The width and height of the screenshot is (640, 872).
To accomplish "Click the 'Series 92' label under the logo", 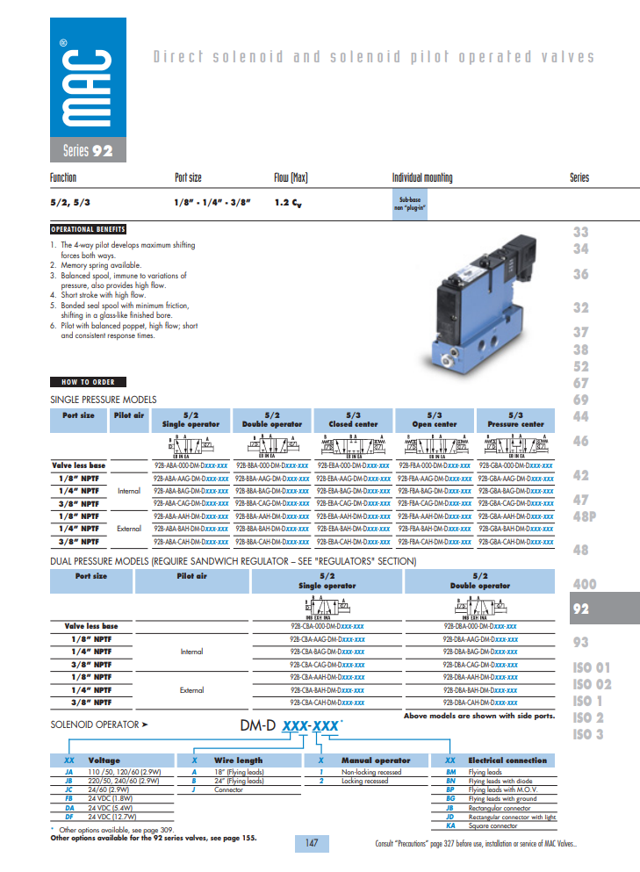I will click(88, 150).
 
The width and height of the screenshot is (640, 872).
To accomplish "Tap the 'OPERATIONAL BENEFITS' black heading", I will click(88, 229).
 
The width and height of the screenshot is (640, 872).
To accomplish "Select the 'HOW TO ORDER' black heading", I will click(88, 382).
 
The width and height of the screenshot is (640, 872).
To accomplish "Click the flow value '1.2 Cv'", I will click(291, 203).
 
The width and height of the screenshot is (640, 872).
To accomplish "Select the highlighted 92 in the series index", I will click(581, 609).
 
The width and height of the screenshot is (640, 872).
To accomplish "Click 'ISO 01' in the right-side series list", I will click(592, 667).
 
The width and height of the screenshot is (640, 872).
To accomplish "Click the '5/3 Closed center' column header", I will click(354, 419).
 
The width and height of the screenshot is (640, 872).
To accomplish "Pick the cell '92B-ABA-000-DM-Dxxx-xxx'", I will click(191, 465).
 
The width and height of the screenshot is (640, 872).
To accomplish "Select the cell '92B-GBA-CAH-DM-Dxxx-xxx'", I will click(516, 542).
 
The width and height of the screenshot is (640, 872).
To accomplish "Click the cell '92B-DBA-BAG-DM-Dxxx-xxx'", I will click(479, 652).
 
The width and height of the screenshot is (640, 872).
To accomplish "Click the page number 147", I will click(312, 843).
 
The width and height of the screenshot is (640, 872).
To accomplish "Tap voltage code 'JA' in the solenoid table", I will click(68, 772).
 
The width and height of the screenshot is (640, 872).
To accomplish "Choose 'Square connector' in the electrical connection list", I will click(493, 825).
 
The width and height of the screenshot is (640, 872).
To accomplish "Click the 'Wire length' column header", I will click(238, 760).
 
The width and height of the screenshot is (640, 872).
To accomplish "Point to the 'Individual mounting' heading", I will click(422, 177).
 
